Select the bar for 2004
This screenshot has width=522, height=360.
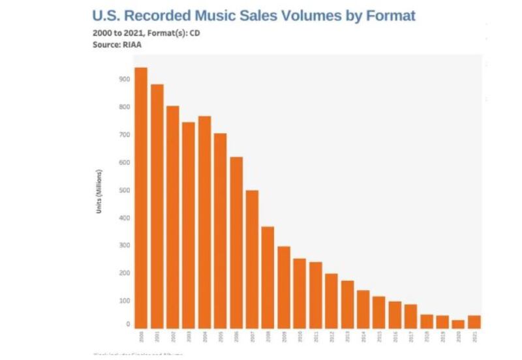[x=204, y=222]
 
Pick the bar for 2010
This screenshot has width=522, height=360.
[x=299, y=293]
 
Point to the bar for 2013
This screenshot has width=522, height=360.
[x=347, y=304]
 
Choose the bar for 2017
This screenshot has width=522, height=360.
[x=410, y=316]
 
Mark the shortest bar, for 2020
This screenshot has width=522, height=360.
[x=458, y=323]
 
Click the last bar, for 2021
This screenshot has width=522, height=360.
[x=474, y=321]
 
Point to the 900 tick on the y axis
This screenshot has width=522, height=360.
[x=124, y=79]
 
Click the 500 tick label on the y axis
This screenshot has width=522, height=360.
[x=124, y=190]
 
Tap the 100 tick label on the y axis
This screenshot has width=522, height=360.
[x=124, y=301]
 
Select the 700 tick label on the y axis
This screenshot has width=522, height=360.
[x=124, y=135]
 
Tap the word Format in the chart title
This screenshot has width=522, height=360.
[x=384, y=15]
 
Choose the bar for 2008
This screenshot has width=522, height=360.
[x=268, y=277]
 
